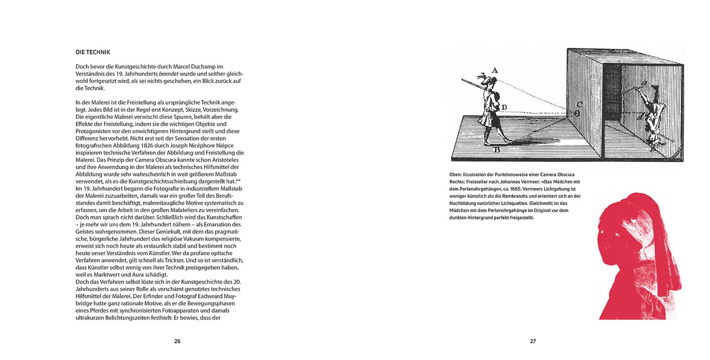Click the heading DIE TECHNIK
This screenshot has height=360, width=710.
click(93, 52)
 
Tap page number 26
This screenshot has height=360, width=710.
click(177, 341)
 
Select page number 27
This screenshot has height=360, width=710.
click(532, 341)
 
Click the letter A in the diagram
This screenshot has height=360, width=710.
click(495, 70)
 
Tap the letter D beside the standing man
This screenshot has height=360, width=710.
click(504, 107)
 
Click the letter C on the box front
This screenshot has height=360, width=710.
click(579, 104)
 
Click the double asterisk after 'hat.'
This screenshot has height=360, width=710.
click(238, 181)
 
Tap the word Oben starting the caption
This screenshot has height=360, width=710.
click(456, 175)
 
